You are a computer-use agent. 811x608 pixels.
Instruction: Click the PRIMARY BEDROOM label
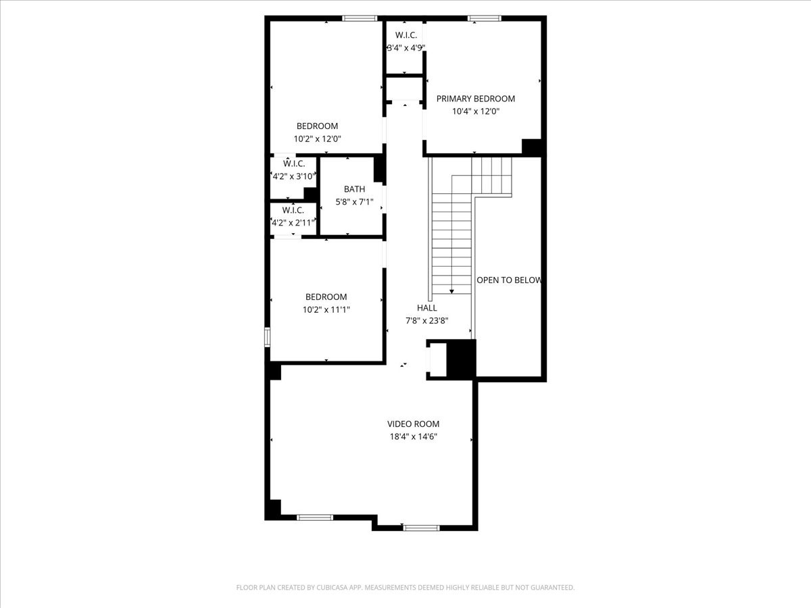[475, 99]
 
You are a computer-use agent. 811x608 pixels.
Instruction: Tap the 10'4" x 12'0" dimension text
[475, 111]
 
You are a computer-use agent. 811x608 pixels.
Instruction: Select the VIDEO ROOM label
[413, 424]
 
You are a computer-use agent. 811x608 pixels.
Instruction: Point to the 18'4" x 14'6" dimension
[413, 437]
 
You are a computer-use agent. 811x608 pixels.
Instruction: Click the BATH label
[354, 189]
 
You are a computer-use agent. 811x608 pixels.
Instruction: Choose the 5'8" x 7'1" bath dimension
[354, 202]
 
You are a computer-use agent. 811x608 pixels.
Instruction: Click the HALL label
[426, 308]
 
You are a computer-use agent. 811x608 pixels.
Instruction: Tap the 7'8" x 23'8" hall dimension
[426, 321]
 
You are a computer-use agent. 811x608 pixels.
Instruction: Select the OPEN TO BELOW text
[509, 280]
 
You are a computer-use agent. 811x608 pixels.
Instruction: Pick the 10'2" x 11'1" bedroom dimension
[326, 309]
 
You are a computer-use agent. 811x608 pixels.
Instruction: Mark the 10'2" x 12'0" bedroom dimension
[317, 138]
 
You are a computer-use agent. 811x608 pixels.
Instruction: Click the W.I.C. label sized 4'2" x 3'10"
[294, 163]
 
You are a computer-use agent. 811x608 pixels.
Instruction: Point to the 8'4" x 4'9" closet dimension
[405, 47]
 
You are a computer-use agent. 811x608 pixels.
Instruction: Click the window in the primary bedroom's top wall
[485, 18]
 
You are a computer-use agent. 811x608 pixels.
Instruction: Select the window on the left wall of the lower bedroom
[268, 336]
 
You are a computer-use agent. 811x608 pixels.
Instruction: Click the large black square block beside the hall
[462, 359]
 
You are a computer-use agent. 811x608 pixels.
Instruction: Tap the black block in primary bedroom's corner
[532, 147]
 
